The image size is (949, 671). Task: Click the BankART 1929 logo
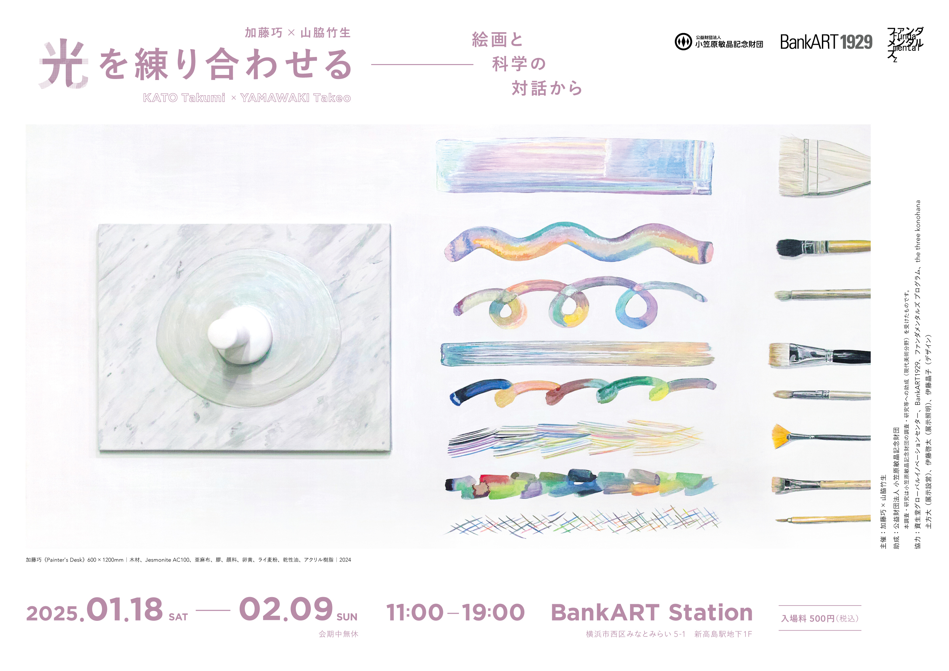(x=826, y=42)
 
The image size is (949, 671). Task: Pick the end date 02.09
(x=286, y=609)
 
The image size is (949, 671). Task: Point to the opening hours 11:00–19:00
(x=456, y=612)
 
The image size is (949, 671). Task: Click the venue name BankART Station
(x=652, y=612)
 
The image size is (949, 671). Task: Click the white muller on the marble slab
(x=240, y=335)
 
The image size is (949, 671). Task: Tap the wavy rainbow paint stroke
(x=579, y=243)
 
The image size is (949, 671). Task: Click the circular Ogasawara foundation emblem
(x=683, y=42)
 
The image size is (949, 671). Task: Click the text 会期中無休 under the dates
(x=338, y=634)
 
